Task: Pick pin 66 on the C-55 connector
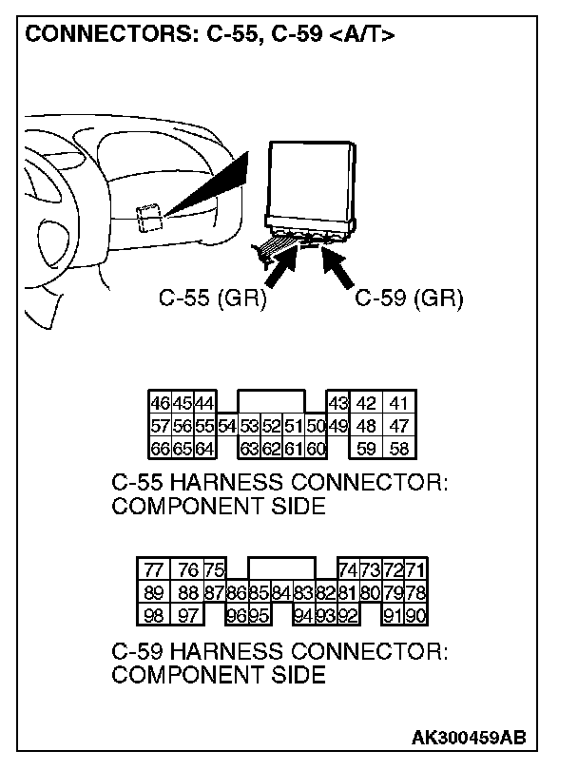coord(159,447)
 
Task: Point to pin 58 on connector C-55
coord(400,447)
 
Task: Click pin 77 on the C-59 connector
coord(153,569)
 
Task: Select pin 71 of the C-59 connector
coord(415,569)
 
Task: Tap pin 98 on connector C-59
coord(153,614)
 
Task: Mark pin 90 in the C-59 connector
coord(415,614)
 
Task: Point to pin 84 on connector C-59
coord(280,592)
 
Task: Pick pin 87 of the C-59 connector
coord(215,592)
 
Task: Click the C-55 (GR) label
coord(212,299)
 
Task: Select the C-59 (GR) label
coord(409,299)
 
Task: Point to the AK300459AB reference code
coord(470,738)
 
